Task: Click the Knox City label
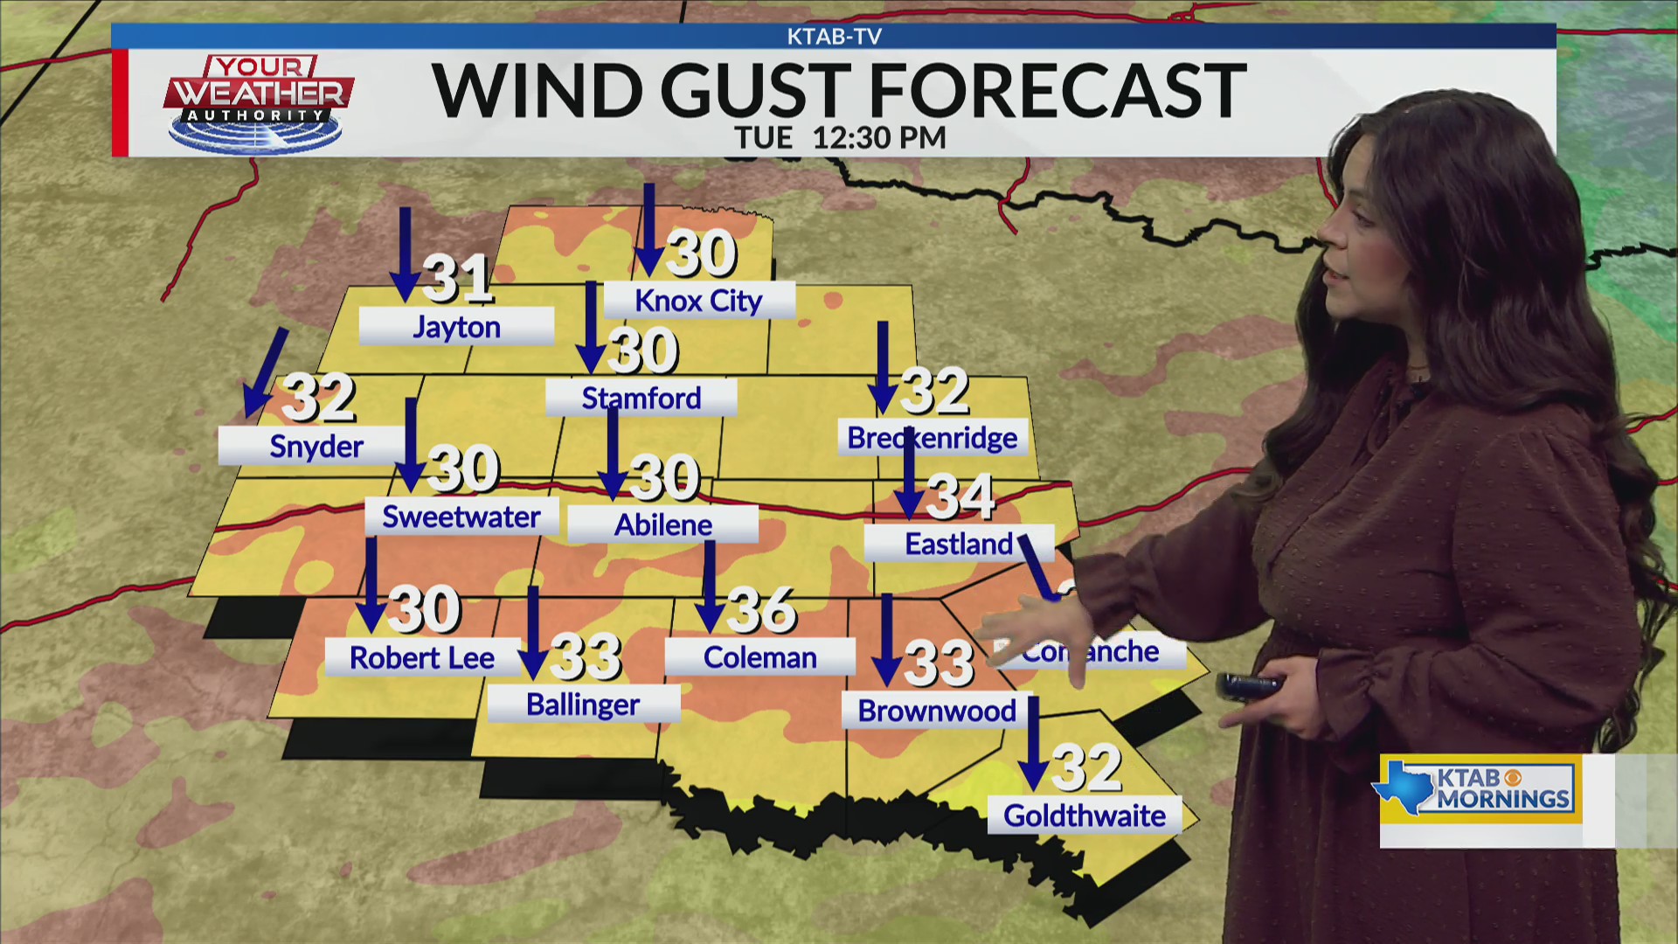[699, 301]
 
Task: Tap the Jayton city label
[456, 327]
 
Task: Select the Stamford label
[641, 399]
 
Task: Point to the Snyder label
[315, 447]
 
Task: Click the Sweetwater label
[461, 517]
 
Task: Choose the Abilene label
[662, 525]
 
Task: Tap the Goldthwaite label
[1084, 816]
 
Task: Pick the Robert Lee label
[422, 658]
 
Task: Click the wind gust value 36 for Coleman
[760, 609]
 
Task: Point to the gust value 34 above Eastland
[960, 496]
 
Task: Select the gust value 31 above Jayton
[457, 278]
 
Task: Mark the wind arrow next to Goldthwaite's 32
[1033, 744]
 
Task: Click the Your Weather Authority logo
[258, 102]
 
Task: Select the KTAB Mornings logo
[1480, 788]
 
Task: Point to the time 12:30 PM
[878, 138]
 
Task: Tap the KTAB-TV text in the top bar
[834, 37]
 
